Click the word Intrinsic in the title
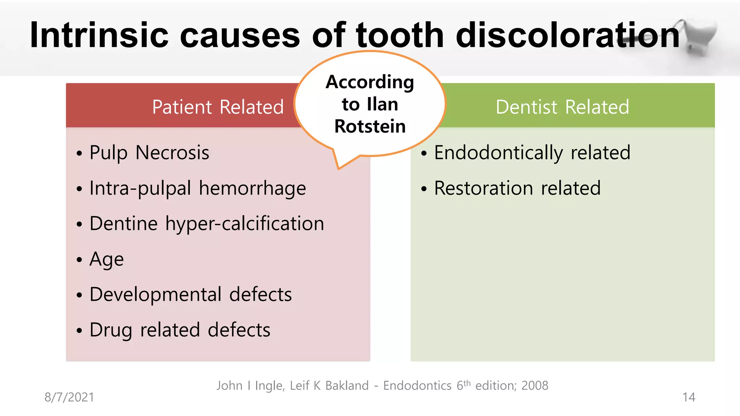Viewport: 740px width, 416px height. tap(99, 35)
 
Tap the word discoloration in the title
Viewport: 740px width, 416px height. tap(568, 35)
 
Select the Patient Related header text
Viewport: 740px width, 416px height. tap(218, 107)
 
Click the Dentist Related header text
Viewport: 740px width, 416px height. tap(562, 107)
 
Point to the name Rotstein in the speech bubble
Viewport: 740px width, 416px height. tap(370, 126)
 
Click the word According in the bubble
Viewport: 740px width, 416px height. tap(370, 82)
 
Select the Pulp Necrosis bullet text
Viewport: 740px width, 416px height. tap(149, 152)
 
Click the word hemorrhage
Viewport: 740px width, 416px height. tap(252, 188)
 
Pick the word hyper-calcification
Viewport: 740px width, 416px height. tap(245, 224)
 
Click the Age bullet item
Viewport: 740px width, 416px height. tap(107, 259)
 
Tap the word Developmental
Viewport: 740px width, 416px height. tap(155, 294)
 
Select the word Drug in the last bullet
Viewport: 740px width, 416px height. tap(111, 330)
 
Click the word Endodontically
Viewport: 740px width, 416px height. tap(498, 152)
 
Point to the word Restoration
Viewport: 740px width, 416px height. tap(483, 188)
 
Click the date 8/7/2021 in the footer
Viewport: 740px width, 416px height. tap(69, 397)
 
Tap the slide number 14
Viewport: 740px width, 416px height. tap(689, 397)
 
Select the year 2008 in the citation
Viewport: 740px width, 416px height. tap(535, 386)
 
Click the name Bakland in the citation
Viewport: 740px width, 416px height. tap(347, 386)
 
